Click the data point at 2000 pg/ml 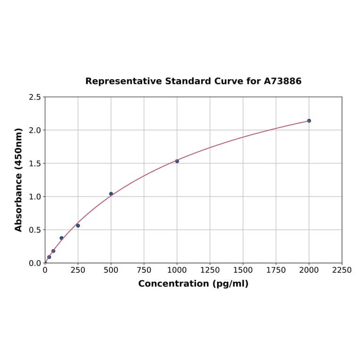tap(309, 121)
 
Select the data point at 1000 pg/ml tap(177, 161)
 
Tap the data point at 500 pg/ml tap(111, 194)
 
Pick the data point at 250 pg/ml tap(78, 226)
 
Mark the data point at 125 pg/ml tap(62, 238)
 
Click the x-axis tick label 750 tap(144, 270)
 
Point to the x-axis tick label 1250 tap(210, 270)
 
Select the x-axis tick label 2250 tap(342, 270)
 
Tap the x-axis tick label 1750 tap(276, 270)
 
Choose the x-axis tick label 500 tap(111, 270)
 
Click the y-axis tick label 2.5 tap(35, 97)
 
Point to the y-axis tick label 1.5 tap(35, 164)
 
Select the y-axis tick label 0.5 tap(35, 230)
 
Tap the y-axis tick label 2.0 tap(35, 130)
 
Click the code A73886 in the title tap(283, 82)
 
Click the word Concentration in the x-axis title tap(173, 284)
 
